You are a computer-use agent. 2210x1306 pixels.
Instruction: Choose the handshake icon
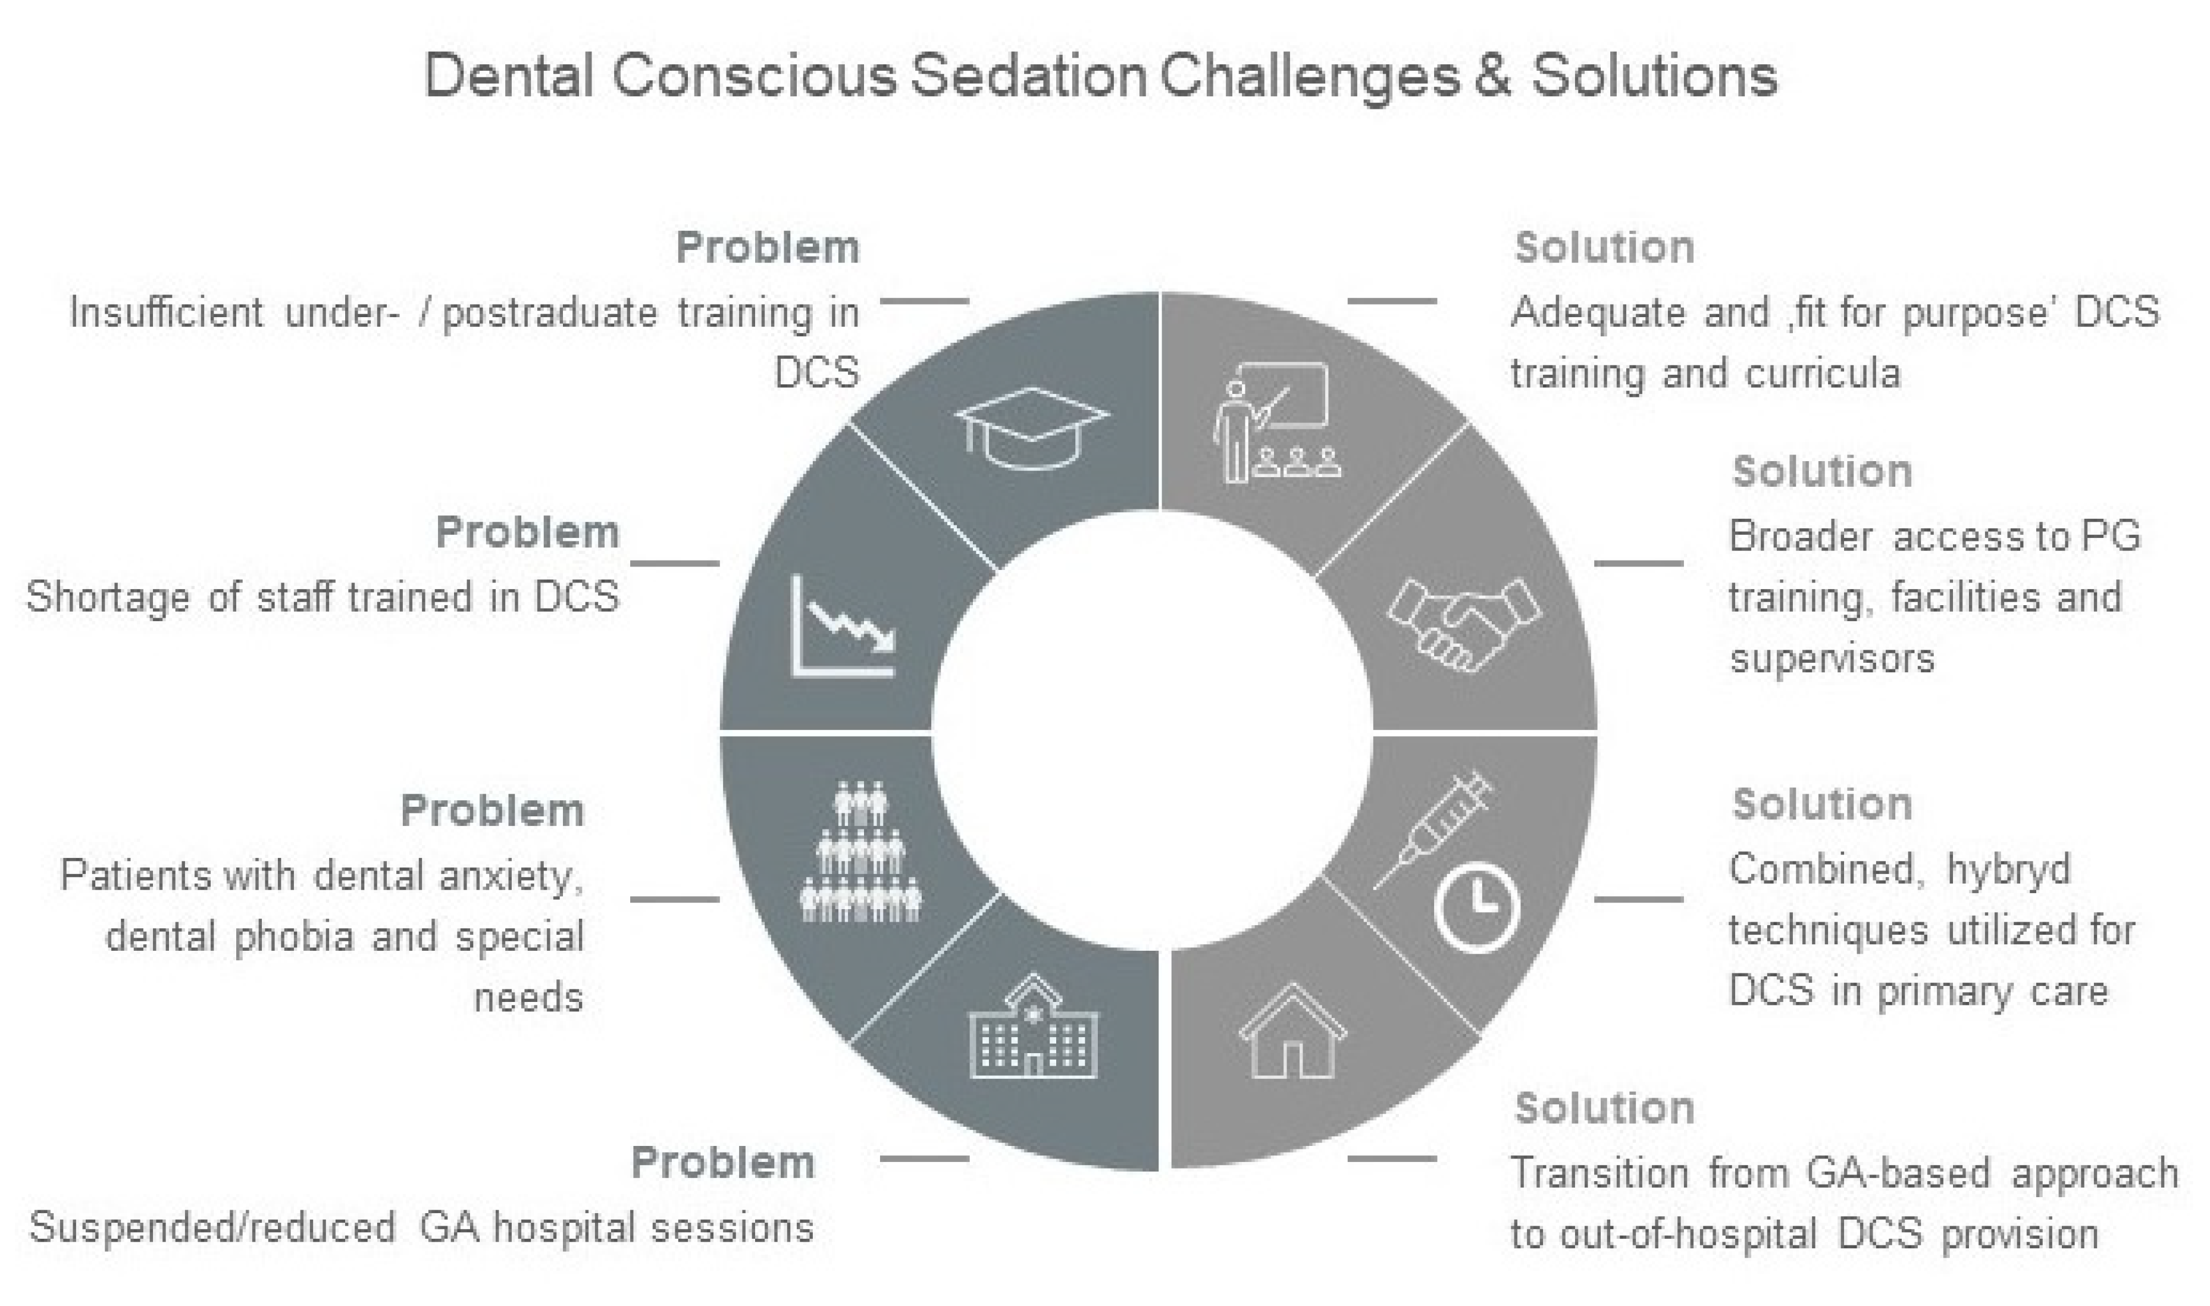point(1464,623)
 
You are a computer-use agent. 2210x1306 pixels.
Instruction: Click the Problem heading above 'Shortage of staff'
point(527,533)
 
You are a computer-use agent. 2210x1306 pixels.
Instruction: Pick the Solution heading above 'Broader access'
point(1822,472)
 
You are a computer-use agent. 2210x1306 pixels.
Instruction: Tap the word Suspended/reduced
point(212,1227)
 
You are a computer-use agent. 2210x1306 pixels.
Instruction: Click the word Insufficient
point(167,312)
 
